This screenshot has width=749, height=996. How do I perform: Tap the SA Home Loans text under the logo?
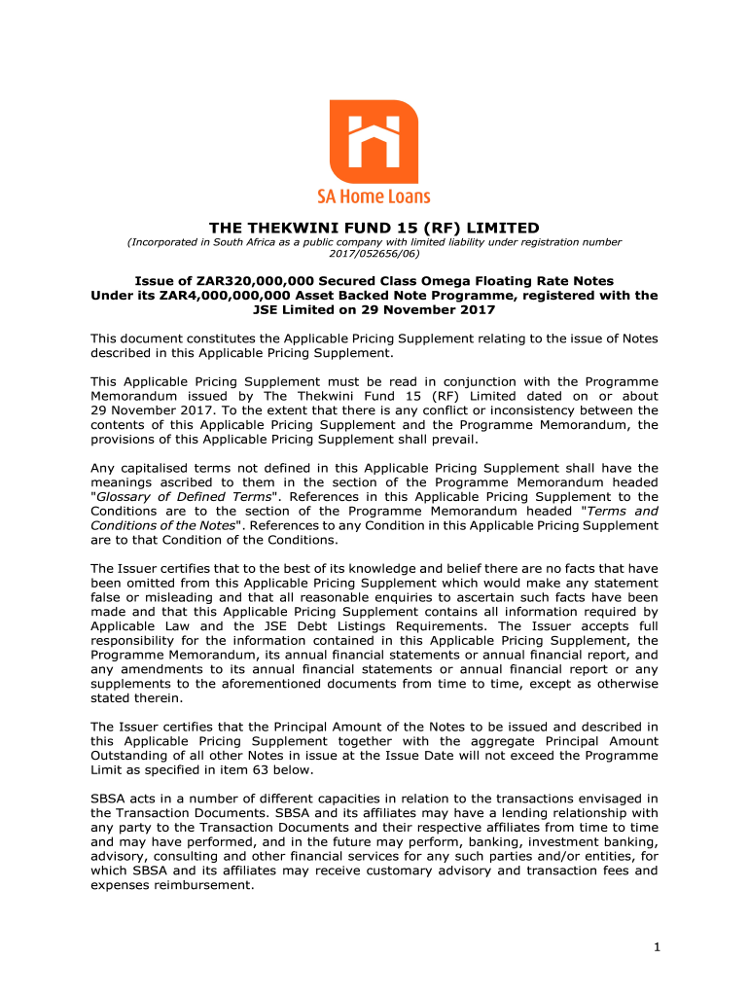pos(374,196)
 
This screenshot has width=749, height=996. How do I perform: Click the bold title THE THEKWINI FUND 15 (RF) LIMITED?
pos(374,227)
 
